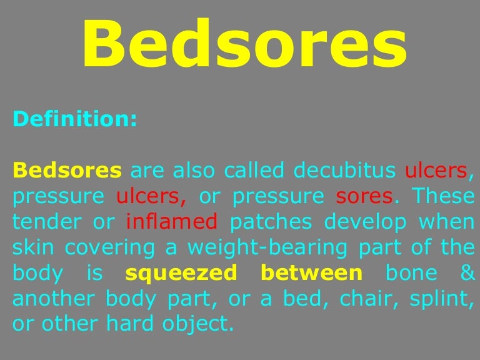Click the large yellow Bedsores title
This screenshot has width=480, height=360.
pyautogui.click(x=244, y=46)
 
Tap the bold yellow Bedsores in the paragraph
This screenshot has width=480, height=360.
pyautogui.click(x=67, y=170)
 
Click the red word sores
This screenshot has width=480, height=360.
pyautogui.click(x=364, y=196)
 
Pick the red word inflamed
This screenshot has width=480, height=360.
pyautogui.click(x=171, y=222)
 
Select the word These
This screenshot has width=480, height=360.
pyautogui.click(x=442, y=196)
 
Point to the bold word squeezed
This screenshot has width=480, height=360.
pyautogui.click(x=181, y=274)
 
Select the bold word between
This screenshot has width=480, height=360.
pyautogui.click(x=311, y=273)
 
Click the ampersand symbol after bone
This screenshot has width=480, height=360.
pyautogui.click(x=466, y=273)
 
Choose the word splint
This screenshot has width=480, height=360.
pyautogui.click(x=438, y=299)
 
